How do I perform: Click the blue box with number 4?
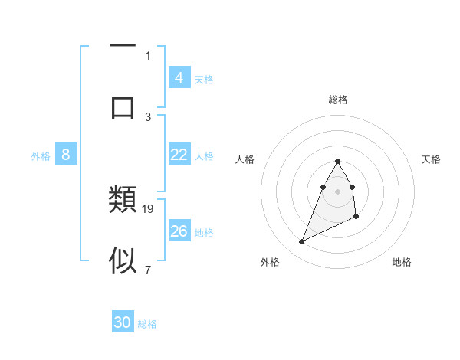pos(179,78)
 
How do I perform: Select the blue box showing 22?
pos(179,155)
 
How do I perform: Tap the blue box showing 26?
pos(179,231)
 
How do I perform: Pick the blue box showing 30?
pos(123,322)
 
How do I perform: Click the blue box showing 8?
pos(66,155)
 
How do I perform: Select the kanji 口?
pos(123,106)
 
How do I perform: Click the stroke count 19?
pos(149,208)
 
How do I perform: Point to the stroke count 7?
pos(148,269)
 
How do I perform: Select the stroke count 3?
pos(148,116)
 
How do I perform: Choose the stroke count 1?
pos(148,55)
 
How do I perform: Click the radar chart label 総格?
pos(338,100)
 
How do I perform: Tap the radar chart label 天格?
pos(431,159)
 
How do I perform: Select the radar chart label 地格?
pos(402,262)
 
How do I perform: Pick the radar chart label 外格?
pos(270,262)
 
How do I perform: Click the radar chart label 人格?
pos(244,159)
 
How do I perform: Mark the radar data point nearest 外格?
pos(302,242)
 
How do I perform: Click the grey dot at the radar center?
pos(338,191)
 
